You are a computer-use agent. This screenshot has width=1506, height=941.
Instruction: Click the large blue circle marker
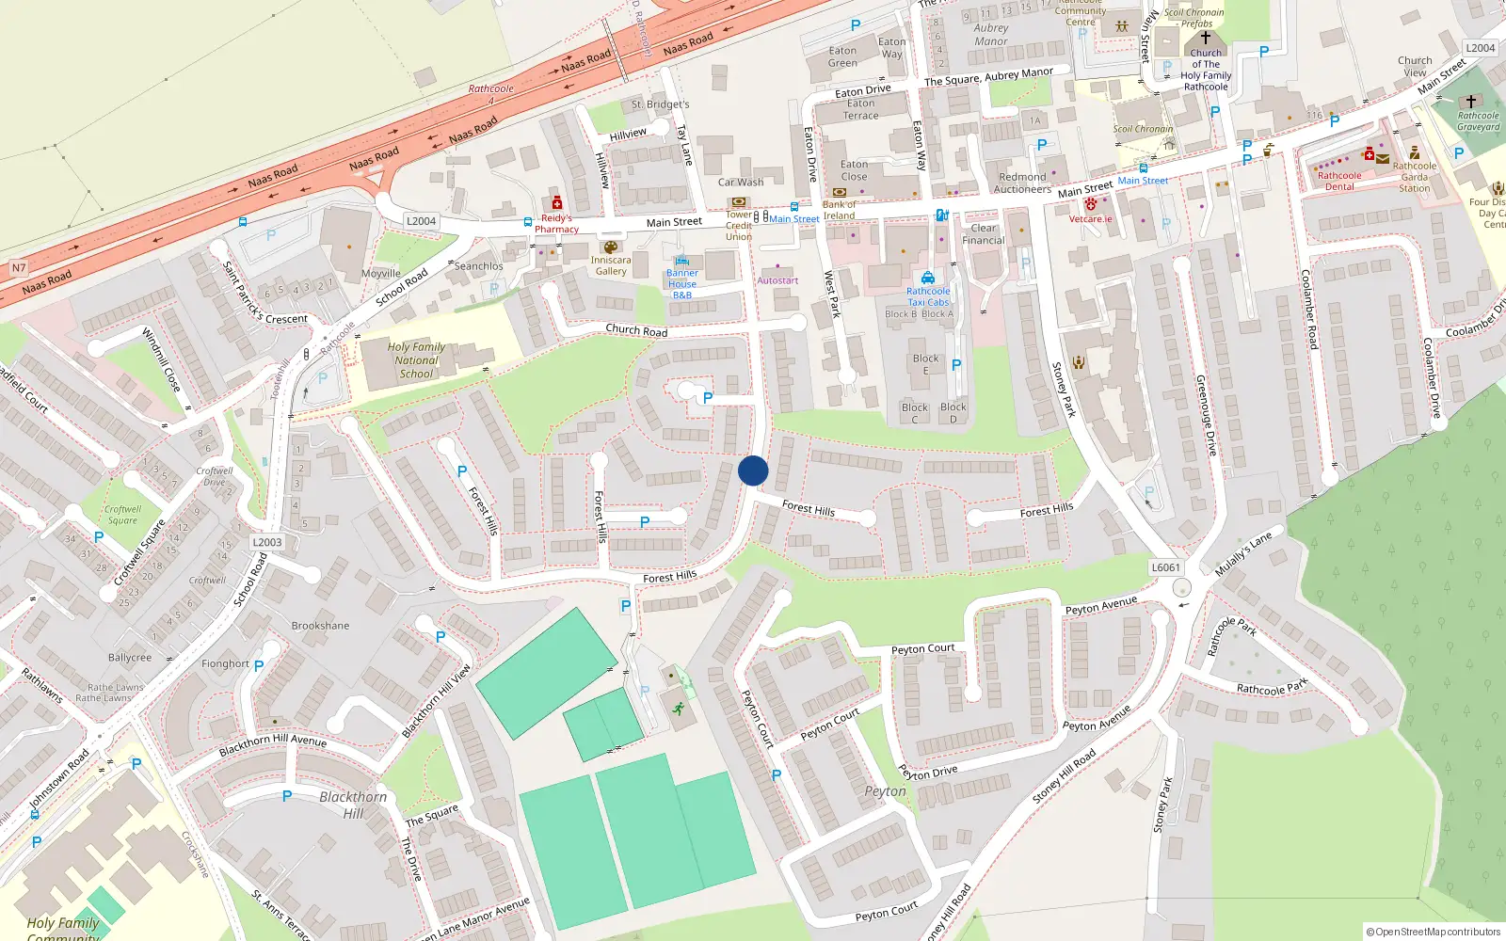coord(753,470)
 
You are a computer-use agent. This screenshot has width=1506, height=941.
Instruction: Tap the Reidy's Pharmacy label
coord(556,224)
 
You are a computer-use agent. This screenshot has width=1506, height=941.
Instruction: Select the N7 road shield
coord(19,268)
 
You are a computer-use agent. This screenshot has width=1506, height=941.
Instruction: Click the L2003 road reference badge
coord(267,542)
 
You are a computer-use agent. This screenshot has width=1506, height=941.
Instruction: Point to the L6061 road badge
coord(1165,567)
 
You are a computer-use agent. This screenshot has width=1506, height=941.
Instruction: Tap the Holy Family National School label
coord(416,360)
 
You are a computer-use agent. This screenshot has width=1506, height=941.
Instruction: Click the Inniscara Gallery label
coord(611,265)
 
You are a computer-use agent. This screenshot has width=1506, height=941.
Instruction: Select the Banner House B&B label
coord(682,284)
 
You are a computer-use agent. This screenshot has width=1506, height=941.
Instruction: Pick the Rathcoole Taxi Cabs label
coord(928,296)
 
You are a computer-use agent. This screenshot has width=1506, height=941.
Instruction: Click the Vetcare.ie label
coord(1090,219)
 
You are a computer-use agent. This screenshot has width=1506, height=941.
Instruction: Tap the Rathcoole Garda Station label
coord(1414,177)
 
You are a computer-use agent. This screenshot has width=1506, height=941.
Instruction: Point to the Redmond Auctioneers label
coord(1022,183)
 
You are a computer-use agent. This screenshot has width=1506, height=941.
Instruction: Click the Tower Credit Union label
coord(739,225)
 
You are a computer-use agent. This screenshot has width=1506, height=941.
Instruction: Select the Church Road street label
coord(636,330)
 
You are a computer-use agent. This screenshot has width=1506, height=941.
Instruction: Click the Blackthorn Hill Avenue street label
coord(273,744)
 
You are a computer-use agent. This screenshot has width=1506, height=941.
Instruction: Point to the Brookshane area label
coord(320,626)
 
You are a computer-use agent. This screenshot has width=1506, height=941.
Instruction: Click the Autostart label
coord(777,280)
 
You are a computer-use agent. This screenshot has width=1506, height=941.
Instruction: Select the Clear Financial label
coord(984,234)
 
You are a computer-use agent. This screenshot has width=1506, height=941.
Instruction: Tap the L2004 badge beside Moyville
coord(421,221)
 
